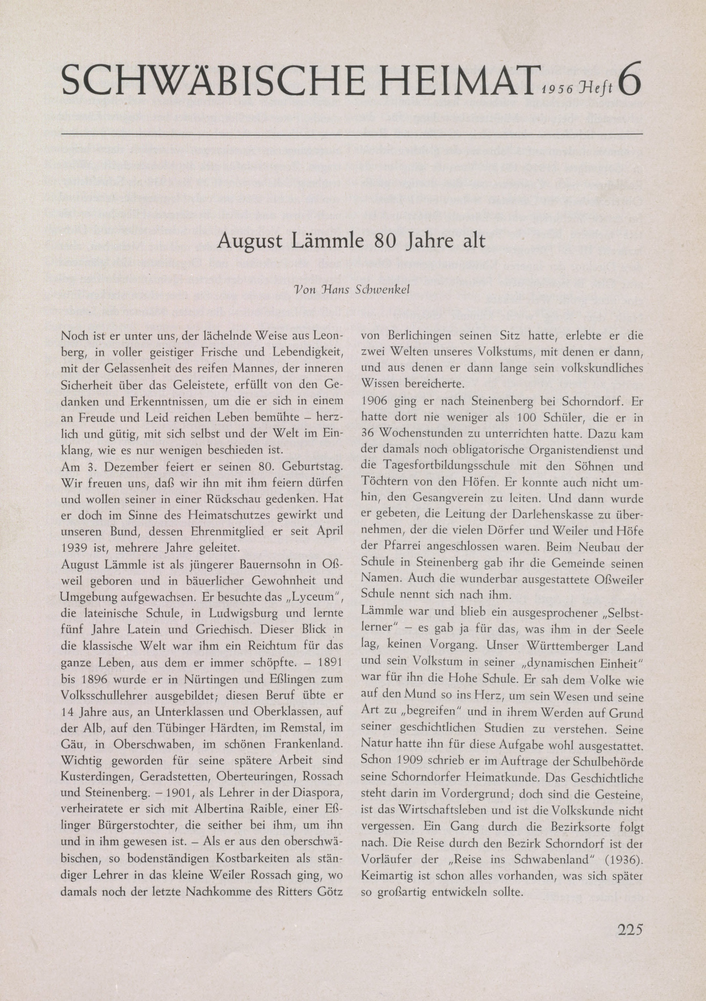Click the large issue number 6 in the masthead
629,79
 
